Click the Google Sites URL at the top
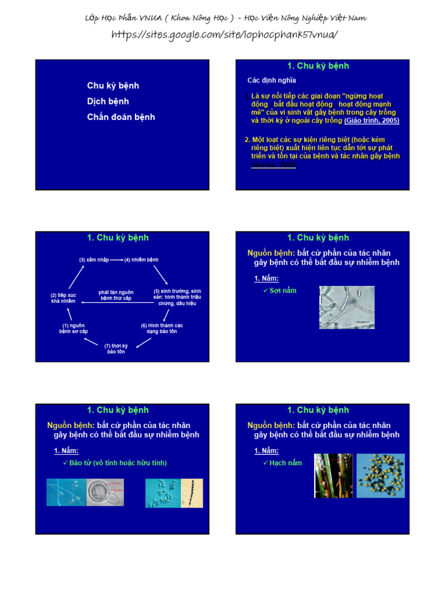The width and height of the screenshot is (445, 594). coord(224,35)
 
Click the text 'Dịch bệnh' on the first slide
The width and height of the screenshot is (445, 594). coord(108,102)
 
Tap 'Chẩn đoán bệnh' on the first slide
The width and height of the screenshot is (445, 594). coord(121,117)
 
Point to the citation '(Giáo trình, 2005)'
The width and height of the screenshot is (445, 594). coord(371,121)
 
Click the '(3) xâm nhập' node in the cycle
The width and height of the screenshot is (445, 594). coord(94,260)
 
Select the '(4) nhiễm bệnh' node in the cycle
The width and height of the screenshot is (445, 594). coord(141,260)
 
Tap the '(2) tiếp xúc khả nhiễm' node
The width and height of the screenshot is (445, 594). coord(63,298)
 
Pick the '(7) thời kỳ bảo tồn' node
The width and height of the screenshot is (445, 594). coord(116,349)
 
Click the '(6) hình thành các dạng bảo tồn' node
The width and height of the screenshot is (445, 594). coord(162,328)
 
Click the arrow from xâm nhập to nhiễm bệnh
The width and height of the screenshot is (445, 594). coord(116,260)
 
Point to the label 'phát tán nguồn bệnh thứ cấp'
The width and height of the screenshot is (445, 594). coord(116,295)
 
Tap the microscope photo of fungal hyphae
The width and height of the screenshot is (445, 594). coord(346,307)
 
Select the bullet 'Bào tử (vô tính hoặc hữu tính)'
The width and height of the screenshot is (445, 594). coord(118,463)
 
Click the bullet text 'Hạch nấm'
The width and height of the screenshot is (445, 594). coord(285,463)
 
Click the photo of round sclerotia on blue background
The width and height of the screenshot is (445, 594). coord(380,476)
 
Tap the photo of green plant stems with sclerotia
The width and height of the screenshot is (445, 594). coord(333,476)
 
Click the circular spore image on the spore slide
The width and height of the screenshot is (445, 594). coord(104,492)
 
